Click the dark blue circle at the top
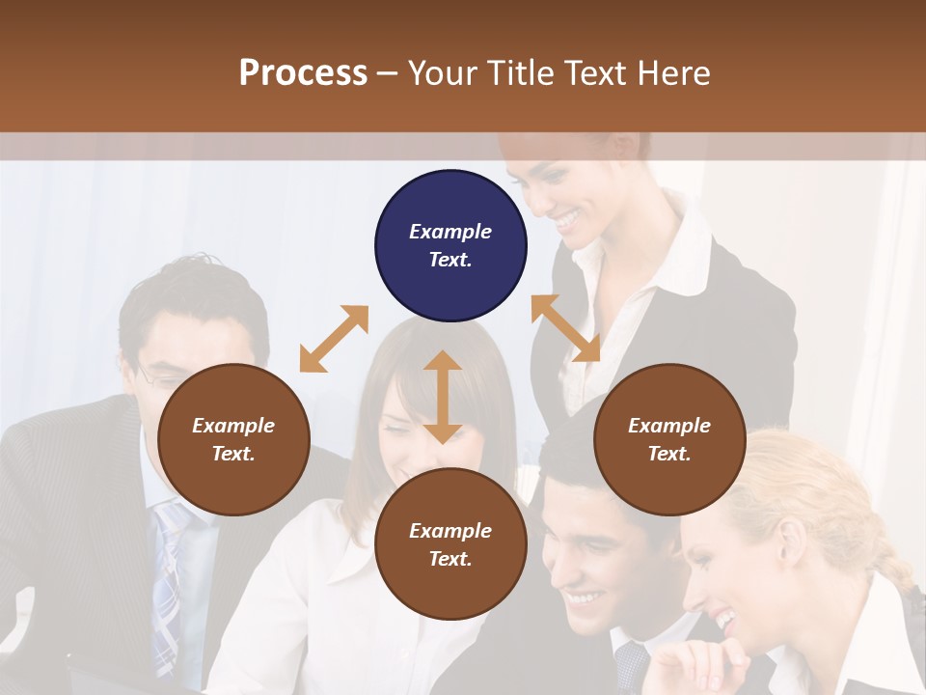click(x=450, y=246)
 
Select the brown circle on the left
click(x=233, y=439)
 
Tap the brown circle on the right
click(x=669, y=439)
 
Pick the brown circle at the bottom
click(x=450, y=544)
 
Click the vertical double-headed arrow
click(x=443, y=397)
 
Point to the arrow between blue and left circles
click(x=334, y=339)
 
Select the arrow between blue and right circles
click(x=565, y=328)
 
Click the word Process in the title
click(x=303, y=72)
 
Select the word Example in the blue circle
click(x=450, y=232)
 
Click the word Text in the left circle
click(x=232, y=454)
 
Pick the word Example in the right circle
click(x=669, y=426)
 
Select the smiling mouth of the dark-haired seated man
click(x=583, y=599)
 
